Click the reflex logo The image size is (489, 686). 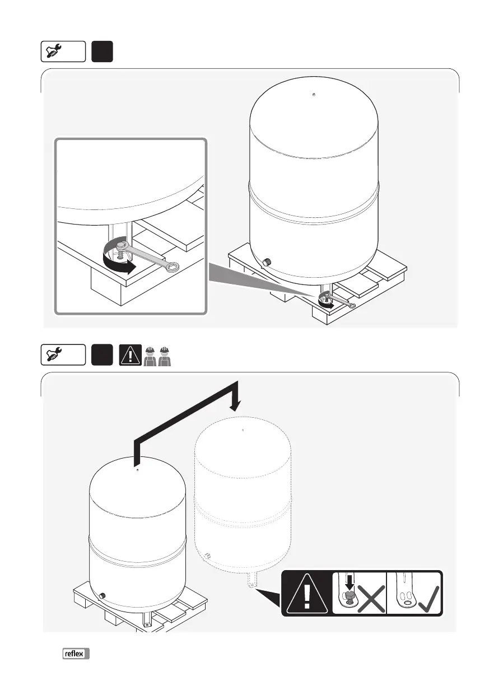pos(76,654)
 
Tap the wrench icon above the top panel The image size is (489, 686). pos(63,52)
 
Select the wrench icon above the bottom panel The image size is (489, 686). pos(63,355)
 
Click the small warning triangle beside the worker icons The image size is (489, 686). pos(129,356)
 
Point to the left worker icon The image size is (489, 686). pos(149,356)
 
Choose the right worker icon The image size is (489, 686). pos(164,356)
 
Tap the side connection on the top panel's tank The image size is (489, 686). pos(267,262)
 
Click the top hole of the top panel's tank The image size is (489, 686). pos(314,94)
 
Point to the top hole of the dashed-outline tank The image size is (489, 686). pos(243,430)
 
